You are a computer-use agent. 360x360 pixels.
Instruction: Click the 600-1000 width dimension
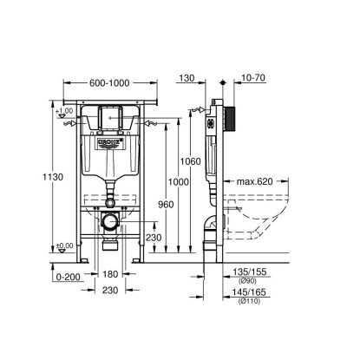(109, 83)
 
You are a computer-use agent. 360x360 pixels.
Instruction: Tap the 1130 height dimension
(53, 177)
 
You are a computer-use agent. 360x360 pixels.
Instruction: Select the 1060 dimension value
(190, 161)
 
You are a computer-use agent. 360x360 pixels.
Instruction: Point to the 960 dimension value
(166, 205)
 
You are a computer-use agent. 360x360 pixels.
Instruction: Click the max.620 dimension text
(255, 181)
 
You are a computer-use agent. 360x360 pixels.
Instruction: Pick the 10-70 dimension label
(253, 78)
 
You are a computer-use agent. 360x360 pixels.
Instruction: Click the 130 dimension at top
(187, 78)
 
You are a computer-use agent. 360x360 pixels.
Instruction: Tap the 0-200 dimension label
(69, 277)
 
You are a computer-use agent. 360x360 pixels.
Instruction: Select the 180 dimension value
(110, 274)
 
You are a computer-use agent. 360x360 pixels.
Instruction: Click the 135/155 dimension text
(250, 272)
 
